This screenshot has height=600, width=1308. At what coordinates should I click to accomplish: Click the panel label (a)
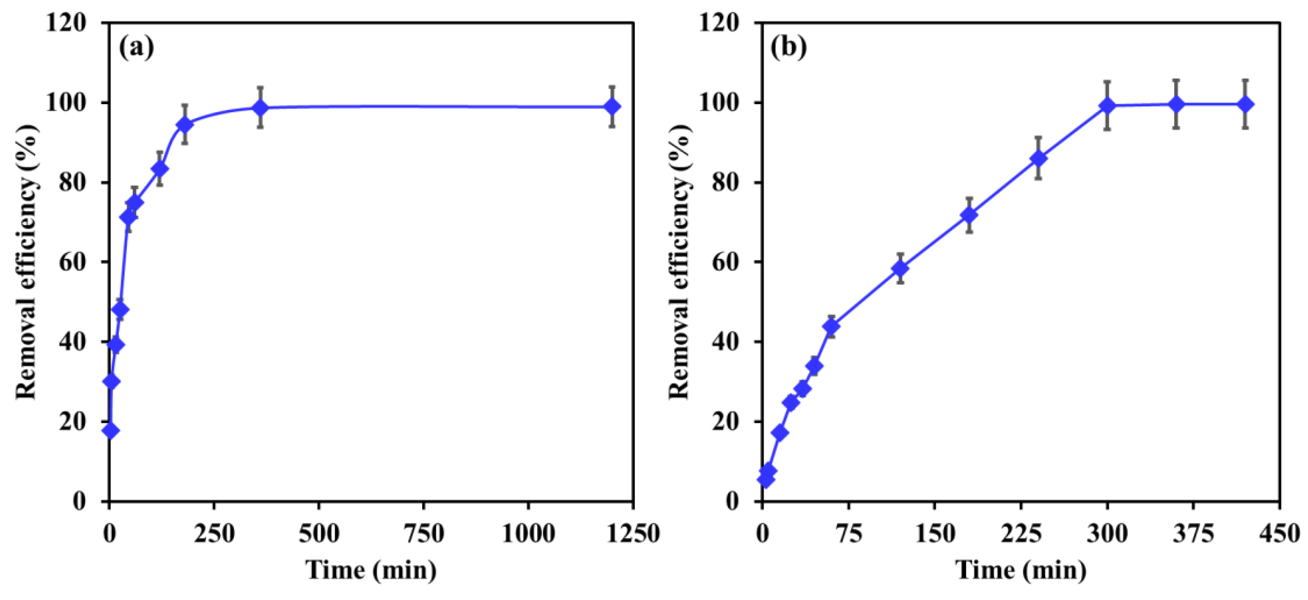136,49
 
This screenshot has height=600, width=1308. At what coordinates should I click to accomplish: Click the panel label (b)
789,49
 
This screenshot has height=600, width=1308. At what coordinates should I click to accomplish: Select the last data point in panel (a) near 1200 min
612,106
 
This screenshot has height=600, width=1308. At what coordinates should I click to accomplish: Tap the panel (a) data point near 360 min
260,108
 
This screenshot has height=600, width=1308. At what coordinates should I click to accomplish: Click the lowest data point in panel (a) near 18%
111,430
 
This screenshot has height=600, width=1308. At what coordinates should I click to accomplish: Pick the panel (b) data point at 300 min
1107,105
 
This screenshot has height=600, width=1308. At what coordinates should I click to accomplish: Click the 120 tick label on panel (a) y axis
73,23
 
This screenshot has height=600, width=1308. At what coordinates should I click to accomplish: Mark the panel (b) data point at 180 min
969,215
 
